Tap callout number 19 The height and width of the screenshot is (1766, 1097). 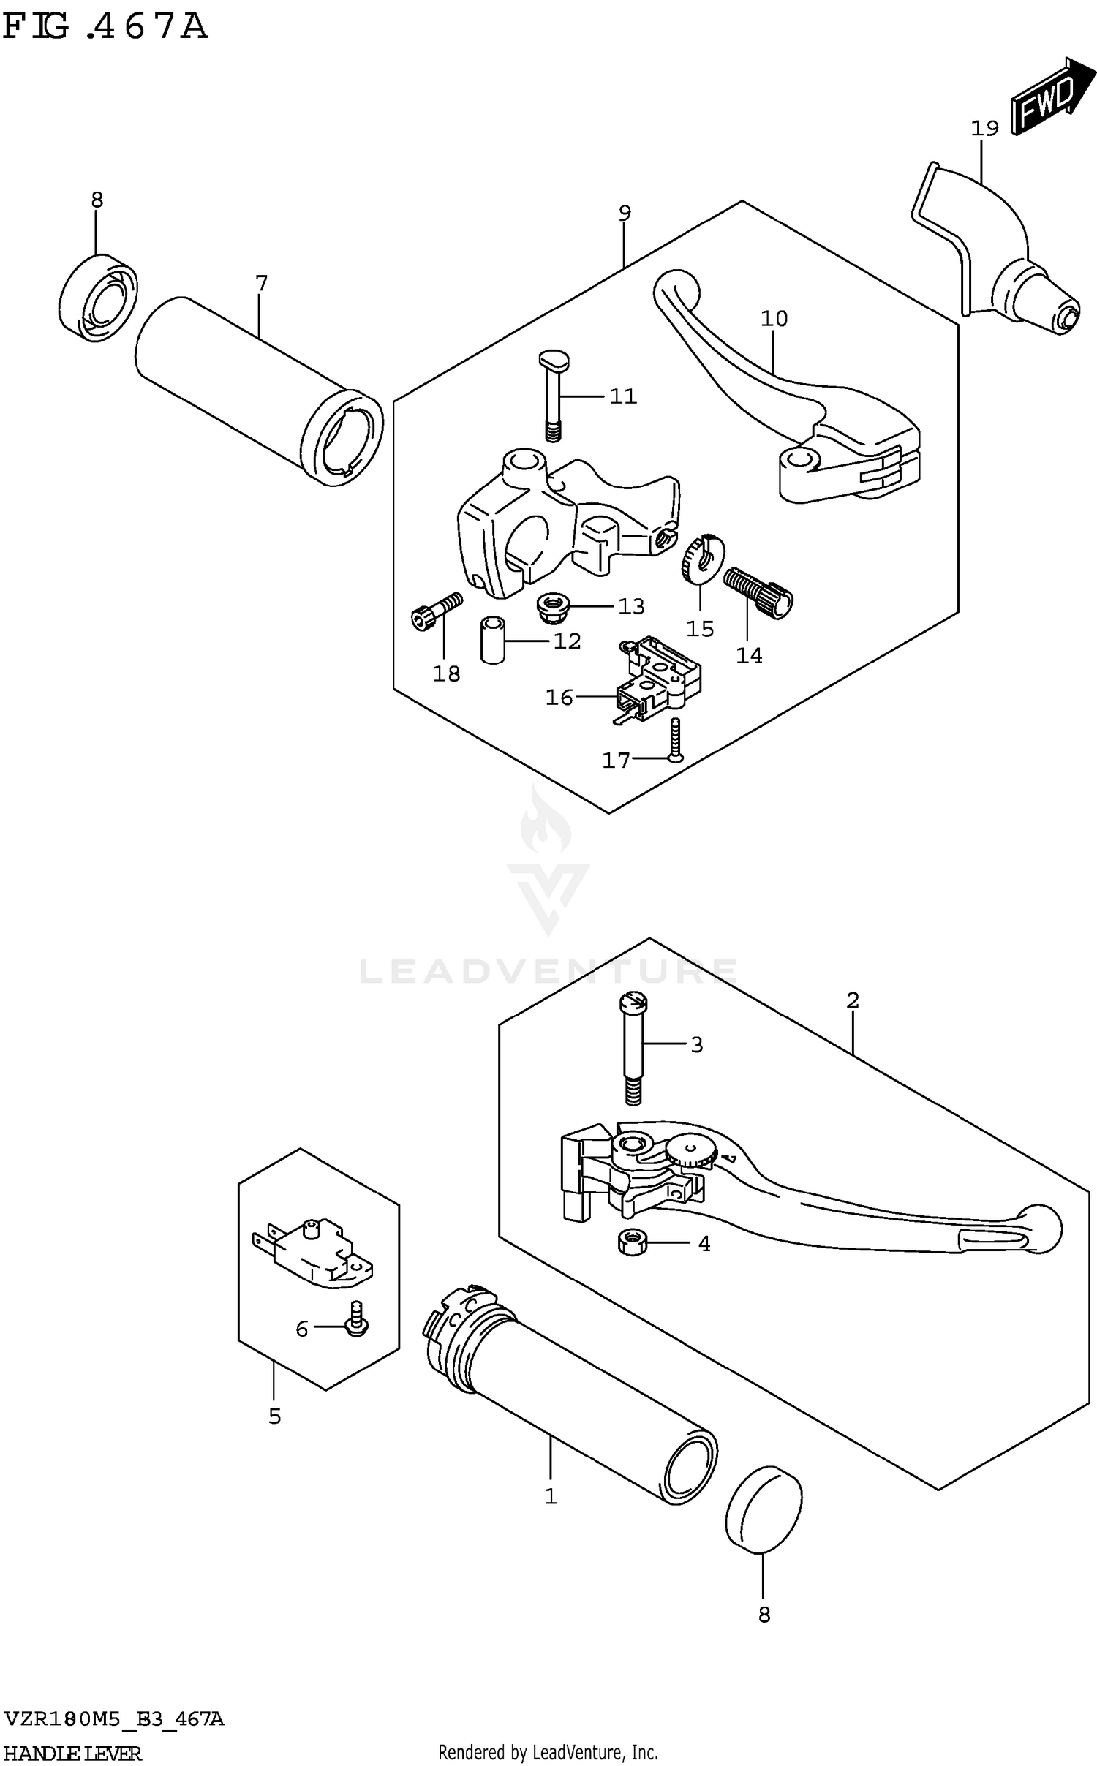coord(984,129)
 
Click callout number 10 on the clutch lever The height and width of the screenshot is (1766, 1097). coord(774,319)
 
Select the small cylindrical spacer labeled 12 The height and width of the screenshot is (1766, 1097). coord(493,640)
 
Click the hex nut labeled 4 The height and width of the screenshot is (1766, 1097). coord(630,1242)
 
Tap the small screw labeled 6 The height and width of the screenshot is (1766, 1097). coord(357,1325)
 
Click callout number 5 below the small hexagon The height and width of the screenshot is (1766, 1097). coord(274,1416)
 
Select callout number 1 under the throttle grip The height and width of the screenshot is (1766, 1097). coord(551,1496)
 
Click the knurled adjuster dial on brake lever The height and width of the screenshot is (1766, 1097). coord(691,1152)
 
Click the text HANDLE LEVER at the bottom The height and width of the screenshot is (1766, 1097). coord(72,1753)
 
